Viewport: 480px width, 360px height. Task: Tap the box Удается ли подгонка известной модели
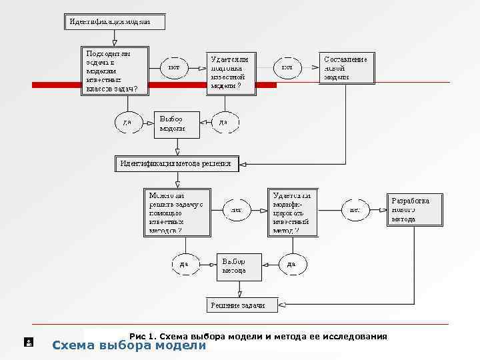pos(229,72)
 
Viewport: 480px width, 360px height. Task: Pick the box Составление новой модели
pos(346,68)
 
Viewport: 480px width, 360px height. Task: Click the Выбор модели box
pos(176,123)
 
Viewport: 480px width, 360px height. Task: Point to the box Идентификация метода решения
pos(177,163)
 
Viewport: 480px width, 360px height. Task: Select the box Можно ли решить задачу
pos(175,213)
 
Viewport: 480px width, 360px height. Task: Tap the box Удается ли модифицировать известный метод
pos(292,213)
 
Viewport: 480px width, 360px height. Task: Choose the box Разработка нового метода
pos(415,209)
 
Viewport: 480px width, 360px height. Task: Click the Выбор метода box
pos(239,266)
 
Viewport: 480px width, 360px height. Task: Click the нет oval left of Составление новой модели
pos(287,67)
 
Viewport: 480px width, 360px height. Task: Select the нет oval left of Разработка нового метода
pos(355,209)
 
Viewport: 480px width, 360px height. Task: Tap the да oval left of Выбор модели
pos(127,123)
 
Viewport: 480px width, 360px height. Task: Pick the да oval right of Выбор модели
pos(224,123)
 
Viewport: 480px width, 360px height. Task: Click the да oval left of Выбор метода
pos(184,264)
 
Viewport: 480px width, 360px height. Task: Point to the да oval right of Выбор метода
pos(291,264)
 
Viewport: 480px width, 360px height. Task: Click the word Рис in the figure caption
pos(137,336)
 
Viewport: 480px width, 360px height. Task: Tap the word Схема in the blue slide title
pos(73,345)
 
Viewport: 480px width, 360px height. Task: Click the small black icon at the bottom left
pos(29,343)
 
